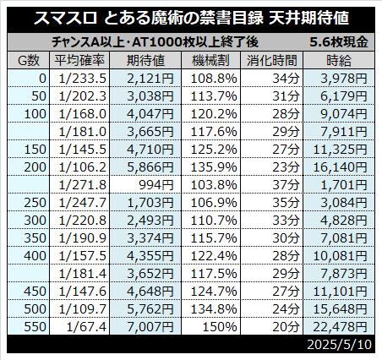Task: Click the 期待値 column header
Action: point(145,61)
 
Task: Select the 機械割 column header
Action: point(211,61)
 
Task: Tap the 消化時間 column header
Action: point(272,61)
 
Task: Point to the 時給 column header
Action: point(339,61)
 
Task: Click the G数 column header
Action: point(29,61)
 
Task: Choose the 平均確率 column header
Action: point(79,61)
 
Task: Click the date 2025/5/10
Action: point(339,344)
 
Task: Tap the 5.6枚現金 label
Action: point(339,42)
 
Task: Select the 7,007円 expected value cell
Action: point(150,327)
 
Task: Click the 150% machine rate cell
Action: point(220,327)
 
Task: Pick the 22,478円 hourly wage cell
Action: point(340,327)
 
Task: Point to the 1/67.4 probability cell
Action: point(86,327)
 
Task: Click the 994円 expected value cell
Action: point(156,185)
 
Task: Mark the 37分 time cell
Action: point(286,185)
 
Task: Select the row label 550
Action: point(35,327)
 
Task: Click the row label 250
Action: point(35,203)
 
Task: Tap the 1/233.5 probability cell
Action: point(83,79)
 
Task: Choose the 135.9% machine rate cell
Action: point(214,167)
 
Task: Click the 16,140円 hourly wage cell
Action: point(340,167)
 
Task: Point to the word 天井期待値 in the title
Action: point(308,19)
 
